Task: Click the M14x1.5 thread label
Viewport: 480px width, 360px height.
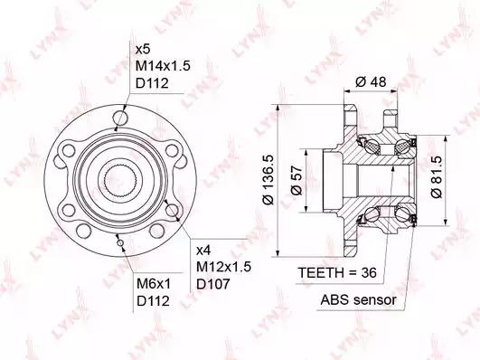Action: click(163, 65)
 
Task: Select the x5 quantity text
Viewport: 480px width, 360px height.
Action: click(143, 49)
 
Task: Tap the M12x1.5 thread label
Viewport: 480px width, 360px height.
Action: click(223, 267)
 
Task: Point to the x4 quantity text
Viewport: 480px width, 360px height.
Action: click(203, 251)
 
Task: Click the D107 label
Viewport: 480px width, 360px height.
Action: click(212, 284)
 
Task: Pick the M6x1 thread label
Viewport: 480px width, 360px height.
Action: click(153, 284)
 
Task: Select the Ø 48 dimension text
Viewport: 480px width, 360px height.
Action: click(371, 81)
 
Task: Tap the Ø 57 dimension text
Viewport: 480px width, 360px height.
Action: click(296, 181)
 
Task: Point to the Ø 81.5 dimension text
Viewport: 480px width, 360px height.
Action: click(436, 176)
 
